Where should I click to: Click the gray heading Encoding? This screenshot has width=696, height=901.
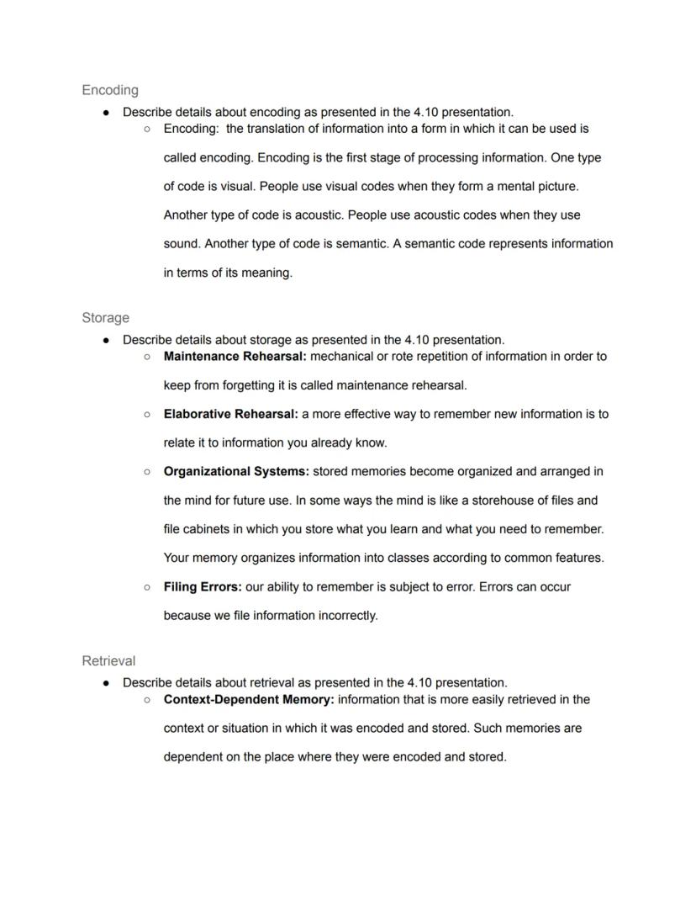click(110, 90)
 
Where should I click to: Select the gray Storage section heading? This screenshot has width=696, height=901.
click(106, 318)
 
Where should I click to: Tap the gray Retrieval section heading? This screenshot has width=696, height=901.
click(108, 661)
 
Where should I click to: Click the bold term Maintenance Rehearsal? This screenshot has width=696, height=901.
click(235, 357)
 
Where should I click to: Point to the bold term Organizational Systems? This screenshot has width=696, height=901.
click(236, 472)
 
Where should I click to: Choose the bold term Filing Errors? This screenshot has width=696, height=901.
click(203, 586)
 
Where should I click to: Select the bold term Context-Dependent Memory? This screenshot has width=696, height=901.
click(249, 700)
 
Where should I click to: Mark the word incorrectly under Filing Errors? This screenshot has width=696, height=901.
click(347, 616)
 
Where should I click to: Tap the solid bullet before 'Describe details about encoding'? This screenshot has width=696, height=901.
click(106, 112)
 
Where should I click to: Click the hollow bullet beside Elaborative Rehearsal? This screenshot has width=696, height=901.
click(147, 414)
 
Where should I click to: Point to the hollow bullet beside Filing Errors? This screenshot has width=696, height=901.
click(147, 586)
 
